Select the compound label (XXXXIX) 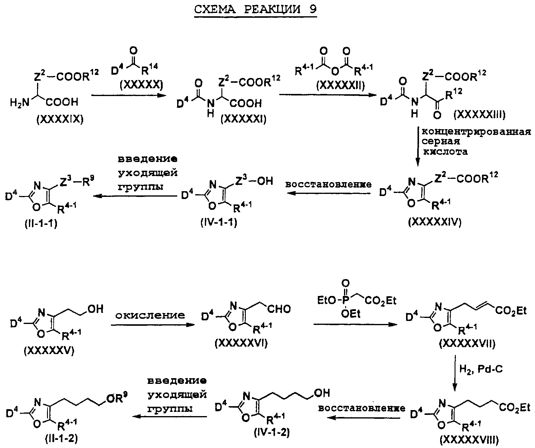click(x=60, y=120)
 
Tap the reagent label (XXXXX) click(x=141, y=86)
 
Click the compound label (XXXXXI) click(x=243, y=120)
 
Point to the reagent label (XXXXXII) click(x=340, y=86)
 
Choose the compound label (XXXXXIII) click(x=479, y=114)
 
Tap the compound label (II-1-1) click(x=41, y=224)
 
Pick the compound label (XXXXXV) click(x=49, y=351)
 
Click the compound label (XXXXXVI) click(x=241, y=343)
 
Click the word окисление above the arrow click(x=150, y=315)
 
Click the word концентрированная click(x=476, y=132)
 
